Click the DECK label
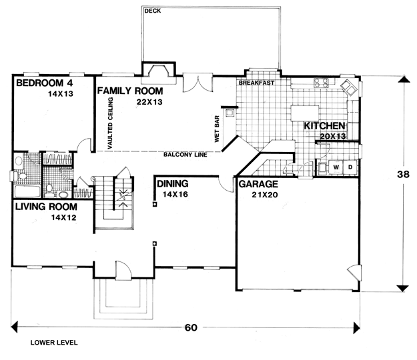tap(153, 11)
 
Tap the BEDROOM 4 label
tap(45, 83)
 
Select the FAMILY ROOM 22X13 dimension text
tap(149, 102)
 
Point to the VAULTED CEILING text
tap(110, 123)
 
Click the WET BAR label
tap(217, 129)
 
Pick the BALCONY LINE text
tap(185, 155)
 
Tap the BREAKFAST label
tap(256, 83)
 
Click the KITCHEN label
tap(324, 126)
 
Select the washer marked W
tap(336, 167)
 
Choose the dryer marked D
tap(350, 167)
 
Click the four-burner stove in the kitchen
tap(322, 83)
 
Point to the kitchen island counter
tap(305, 113)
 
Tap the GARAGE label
tap(258, 184)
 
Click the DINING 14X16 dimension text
tap(175, 195)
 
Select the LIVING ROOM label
tap(46, 207)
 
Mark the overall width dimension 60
tap(191, 327)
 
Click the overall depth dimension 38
tap(403, 174)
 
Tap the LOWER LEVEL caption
tap(54, 343)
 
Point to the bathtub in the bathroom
tap(27, 191)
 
